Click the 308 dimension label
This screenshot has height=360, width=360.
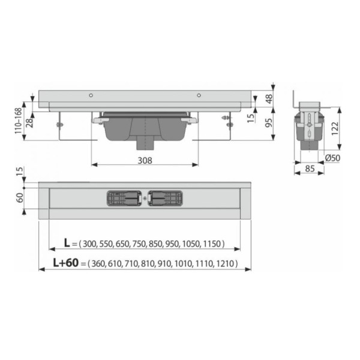(145, 160)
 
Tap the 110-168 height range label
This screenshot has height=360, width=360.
(19, 121)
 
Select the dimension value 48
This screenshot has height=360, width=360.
(269, 99)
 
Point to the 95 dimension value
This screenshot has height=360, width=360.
(269, 122)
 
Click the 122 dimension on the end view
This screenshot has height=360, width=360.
(335, 128)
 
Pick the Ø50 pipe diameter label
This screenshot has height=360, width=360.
(332, 158)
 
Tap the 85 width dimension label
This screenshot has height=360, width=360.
(310, 169)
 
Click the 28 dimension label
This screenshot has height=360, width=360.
(30, 123)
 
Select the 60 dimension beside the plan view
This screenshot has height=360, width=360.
(20, 197)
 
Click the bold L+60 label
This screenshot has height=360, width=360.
(66, 263)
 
